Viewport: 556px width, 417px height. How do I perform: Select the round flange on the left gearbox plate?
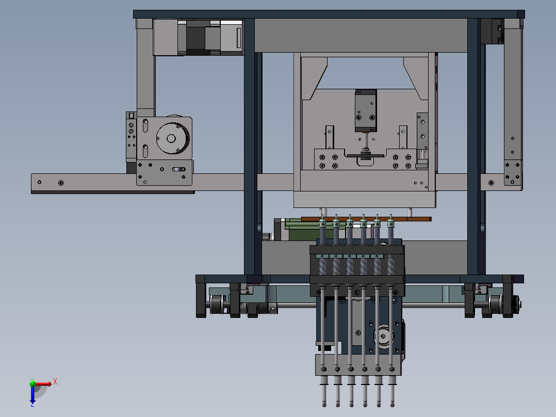click(170, 138)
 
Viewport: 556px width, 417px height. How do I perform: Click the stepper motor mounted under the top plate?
click(199, 38)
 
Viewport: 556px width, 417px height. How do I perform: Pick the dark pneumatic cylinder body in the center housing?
click(365, 110)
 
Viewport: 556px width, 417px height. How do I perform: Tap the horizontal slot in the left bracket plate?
click(178, 169)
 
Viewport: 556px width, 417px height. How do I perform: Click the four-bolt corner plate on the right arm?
click(512, 172)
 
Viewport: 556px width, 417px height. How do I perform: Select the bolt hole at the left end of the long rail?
click(39, 182)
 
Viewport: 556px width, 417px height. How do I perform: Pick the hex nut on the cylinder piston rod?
click(366, 150)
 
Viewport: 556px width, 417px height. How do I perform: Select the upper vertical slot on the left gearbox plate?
click(145, 125)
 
